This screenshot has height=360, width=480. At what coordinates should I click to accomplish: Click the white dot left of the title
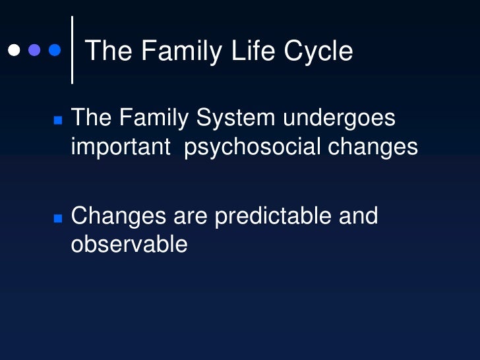click(13, 50)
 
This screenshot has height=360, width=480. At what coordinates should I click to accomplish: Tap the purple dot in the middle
click(34, 50)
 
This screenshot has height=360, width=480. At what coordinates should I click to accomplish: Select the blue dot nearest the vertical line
click(55, 50)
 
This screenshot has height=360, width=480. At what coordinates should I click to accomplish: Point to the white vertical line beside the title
click(72, 49)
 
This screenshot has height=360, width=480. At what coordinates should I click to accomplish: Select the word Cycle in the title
click(320, 51)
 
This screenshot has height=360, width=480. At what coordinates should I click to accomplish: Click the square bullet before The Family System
click(57, 121)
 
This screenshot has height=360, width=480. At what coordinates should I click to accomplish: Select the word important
click(121, 148)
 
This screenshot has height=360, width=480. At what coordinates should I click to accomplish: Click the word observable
click(129, 245)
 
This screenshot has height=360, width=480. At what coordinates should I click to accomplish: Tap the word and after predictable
click(357, 216)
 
